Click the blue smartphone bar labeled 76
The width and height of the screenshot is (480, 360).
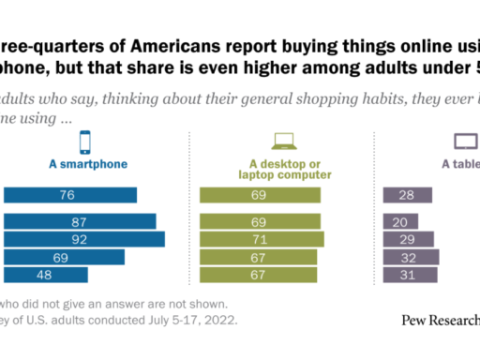coord(70,195)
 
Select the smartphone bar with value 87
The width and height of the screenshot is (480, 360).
coord(80,221)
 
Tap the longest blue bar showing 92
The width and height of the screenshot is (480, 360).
coord(84,239)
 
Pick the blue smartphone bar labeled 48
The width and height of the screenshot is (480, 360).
coord(46,274)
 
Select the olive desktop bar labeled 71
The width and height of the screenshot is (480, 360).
coord(263,239)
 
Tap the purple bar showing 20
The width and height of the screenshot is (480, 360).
coord(401,221)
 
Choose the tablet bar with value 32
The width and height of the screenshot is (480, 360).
coord(412,256)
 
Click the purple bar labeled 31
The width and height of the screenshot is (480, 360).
coord(411,274)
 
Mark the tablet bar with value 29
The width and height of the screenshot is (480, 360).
coord(409,239)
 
